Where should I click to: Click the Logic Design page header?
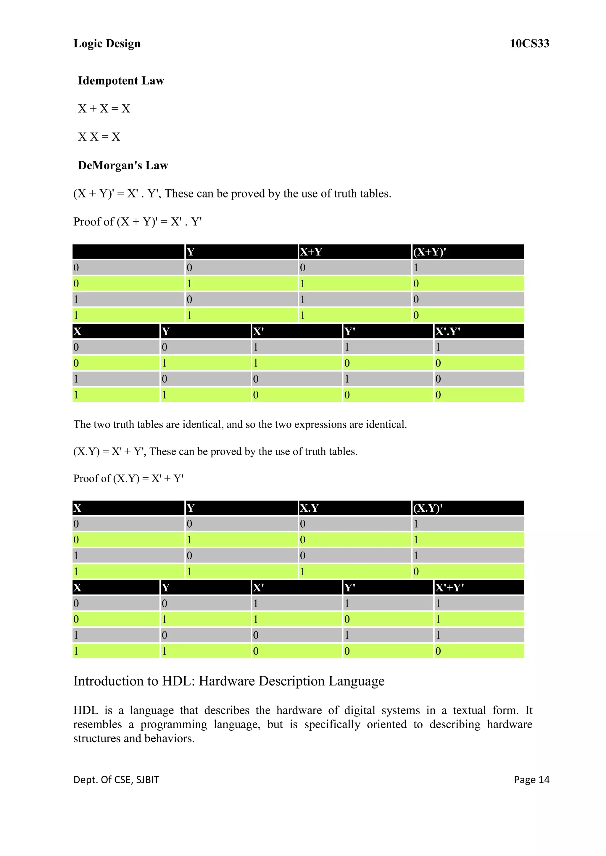point(107,44)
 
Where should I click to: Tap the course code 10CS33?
point(529,44)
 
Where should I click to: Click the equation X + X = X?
point(104,108)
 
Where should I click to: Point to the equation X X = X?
point(99,137)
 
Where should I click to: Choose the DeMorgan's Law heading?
point(123,165)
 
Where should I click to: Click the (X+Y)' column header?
point(430,252)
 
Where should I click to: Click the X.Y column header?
point(309,508)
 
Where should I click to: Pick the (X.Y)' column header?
point(428,508)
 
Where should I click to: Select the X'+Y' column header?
point(450,588)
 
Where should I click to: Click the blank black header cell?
point(128,252)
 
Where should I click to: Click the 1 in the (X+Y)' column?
point(416,268)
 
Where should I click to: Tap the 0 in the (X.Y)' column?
point(416,572)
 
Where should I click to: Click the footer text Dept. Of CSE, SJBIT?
point(116,779)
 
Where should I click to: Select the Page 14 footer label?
point(531,779)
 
